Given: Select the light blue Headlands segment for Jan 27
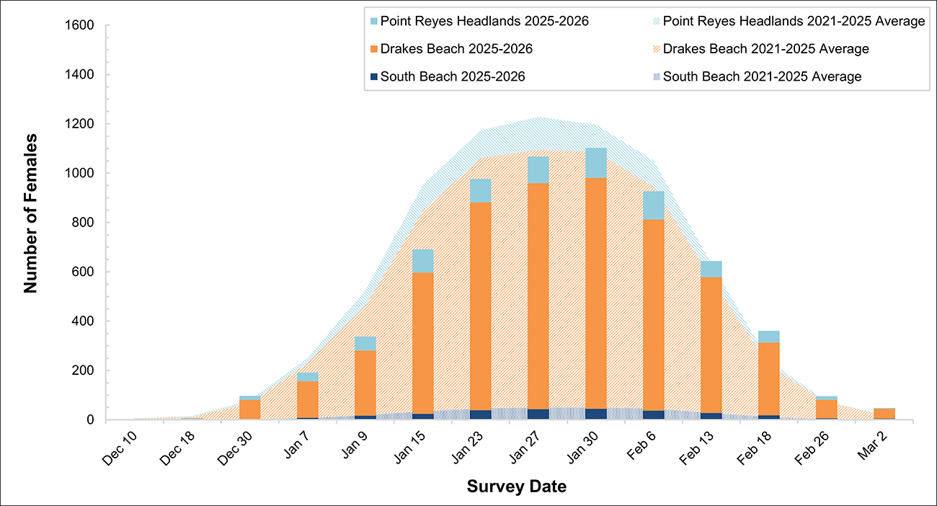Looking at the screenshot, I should pyautogui.click(x=538, y=170).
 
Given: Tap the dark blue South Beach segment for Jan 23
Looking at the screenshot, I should pyautogui.click(x=481, y=414).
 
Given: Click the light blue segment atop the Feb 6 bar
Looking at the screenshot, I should pyautogui.click(x=654, y=205).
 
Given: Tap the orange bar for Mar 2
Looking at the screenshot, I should pyautogui.click(x=884, y=414).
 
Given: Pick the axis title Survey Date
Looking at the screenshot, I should pyautogui.click(x=516, y=487).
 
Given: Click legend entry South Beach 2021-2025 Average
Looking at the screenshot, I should pyautogui.click(x=763, y=76).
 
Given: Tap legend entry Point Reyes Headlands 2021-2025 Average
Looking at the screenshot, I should pyautogui.click(x=794, y=22).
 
